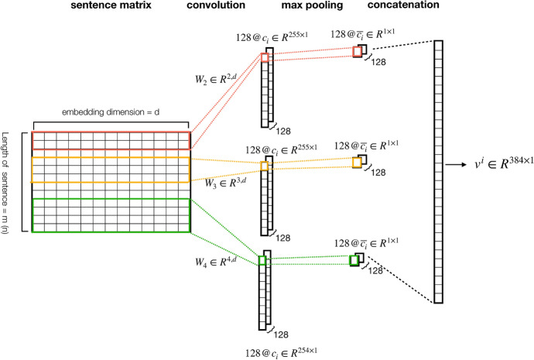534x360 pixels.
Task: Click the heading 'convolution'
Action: [217, 7]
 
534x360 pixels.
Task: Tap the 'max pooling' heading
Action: [295, 7]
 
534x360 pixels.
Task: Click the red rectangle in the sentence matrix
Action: [111, 140]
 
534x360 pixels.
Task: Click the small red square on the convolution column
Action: [265, 58]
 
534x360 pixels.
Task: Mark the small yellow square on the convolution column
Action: [265, 166]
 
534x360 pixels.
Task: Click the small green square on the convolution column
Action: [263, 260]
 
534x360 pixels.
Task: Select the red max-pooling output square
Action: [357, 52]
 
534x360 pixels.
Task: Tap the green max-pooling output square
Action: [354, 261]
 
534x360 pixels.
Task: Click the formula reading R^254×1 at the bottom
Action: [281, 351]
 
